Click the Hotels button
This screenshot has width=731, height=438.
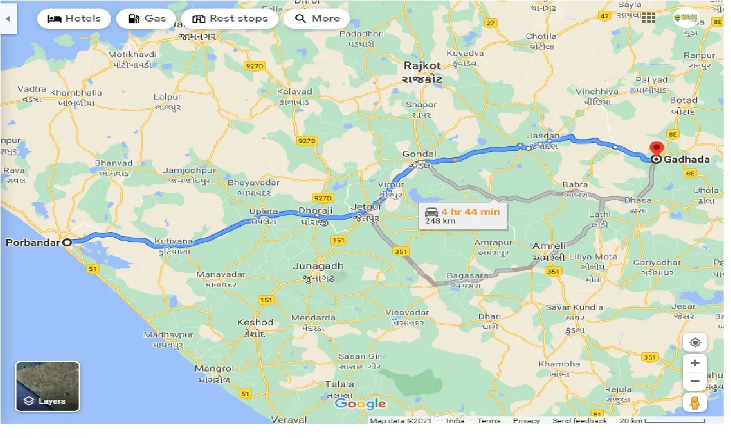[x=74, y=19]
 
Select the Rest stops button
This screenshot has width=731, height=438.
[x=229, y=19]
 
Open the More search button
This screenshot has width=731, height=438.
[x=317, y=19]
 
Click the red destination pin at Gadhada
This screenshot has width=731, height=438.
[x=656, y=149]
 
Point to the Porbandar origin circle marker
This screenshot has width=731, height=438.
[x=67, y=242]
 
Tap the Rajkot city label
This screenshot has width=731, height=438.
[x=423, y=65]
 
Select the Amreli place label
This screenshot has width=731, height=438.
[x=549, y=246]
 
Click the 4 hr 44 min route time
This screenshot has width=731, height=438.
[x=470, y=212]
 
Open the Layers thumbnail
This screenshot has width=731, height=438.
[x=47, y=386]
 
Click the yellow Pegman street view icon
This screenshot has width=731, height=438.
[x=695, y=402]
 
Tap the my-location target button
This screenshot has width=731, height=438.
[x=695, y=342]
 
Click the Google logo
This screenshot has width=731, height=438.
[x=360, y=404]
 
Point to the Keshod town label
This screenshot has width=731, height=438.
[x=255, y=323]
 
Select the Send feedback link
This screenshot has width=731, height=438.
[x=580, y=421]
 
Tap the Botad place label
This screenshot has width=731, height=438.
[x=683, y=100]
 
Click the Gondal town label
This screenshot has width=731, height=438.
[x=419, y=154]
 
